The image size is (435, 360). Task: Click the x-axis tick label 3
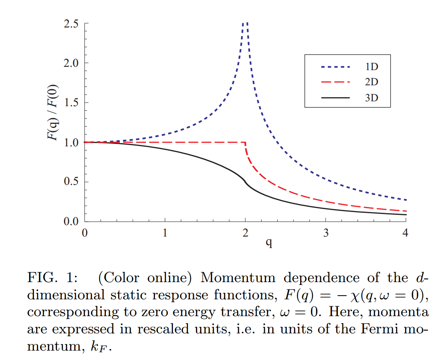click(x=326, y=234)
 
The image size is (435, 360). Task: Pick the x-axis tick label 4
click(x=405, y=234)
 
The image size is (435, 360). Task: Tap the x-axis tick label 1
click(x=165, y=234)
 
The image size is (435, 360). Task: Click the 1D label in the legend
click(x=371, y=67)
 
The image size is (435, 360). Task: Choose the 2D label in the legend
click(x=371, y=82)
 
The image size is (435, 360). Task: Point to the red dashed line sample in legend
click(x=335, y=82)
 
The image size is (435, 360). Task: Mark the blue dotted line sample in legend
click(x=335, y=67)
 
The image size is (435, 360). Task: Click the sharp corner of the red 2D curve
click(x=245, y=143)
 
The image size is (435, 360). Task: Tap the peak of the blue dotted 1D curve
click(x=245, y=24)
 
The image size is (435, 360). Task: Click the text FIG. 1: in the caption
click(x=51, y=278)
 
